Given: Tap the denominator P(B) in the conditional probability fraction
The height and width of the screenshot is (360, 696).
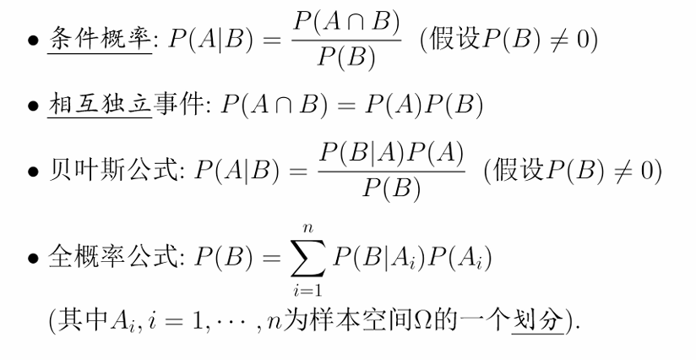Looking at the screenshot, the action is click(x=345, y=59).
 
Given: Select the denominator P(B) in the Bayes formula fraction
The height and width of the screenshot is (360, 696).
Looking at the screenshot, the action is click(x=391, y=189).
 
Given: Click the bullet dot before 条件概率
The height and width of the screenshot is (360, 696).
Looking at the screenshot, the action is click(x=32, y=41).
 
